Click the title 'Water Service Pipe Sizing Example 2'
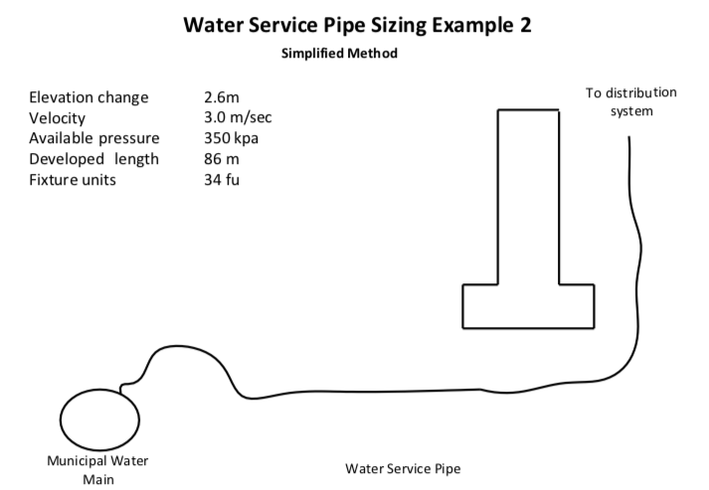(x=357, y=25)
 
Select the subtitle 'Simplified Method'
(x=340, y=54)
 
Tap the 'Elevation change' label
(x=89, y=97)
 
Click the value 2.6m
(x=222, y=97)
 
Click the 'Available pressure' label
(x=94, y=138)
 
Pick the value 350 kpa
(x=231, y=138)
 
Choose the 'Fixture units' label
(x=73, y=180)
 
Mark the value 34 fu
(x=221, y=180)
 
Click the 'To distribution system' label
(x=630, y=101)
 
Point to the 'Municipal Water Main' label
(x=98, y=470)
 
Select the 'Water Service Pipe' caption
(x=403, y=468)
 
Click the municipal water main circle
(x=98, y=420)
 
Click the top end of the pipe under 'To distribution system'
(x=628, y=138)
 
